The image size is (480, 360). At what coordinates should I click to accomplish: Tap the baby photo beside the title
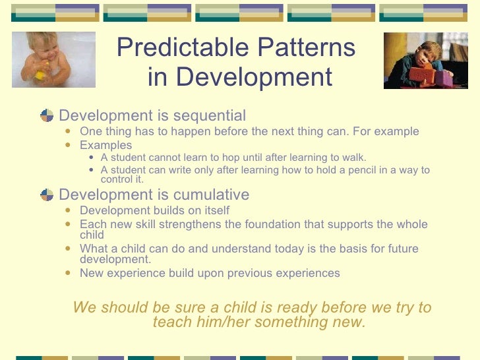53,59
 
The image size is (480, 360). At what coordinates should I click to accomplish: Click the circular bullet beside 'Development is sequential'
47,116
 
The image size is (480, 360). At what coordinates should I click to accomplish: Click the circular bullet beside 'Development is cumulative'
47,195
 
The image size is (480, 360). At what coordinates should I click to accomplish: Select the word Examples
105,145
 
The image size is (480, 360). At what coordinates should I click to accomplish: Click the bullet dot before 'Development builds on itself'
69,210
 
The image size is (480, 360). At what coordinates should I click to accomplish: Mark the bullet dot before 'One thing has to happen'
69,131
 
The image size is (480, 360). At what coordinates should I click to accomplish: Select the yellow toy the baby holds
40,75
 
